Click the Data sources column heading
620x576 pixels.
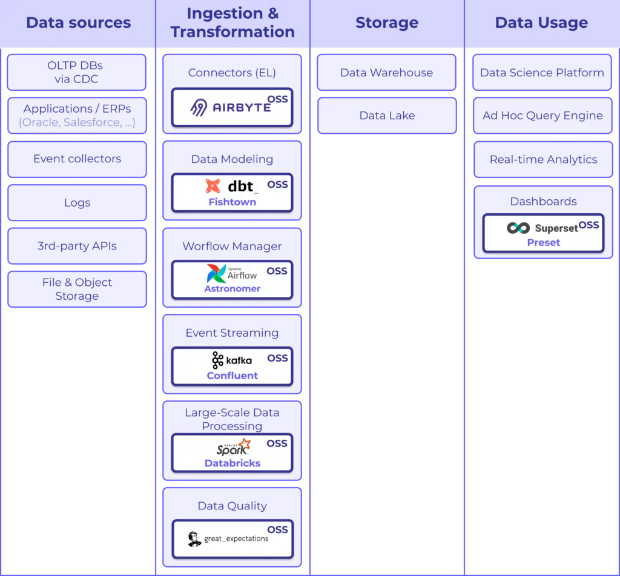(x=78, y=23)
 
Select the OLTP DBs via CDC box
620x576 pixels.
(x=77, y=73)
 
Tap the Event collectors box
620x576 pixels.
(x=77, y=159)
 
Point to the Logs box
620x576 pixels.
(x=77, y=203)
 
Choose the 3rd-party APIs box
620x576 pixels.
(x=77, y=247)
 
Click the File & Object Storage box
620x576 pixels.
(x=77, y=289)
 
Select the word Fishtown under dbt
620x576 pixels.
(x=232, y=202)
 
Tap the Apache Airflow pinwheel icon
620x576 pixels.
(x=216, y=274)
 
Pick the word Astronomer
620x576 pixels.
(x=232, y=289)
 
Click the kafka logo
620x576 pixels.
(x=231, y=360)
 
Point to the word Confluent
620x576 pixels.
(x=232, y=376)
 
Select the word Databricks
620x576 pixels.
(x=232, y=463)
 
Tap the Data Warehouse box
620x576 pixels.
(x=386, y=73)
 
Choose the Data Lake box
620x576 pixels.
(x=386, y=116)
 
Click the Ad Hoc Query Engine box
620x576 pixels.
(x=542, y=116)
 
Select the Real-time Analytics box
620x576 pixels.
(x=543, y=159)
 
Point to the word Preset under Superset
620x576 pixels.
(x=543, y=242)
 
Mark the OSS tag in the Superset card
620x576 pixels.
(x=589, y=225)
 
